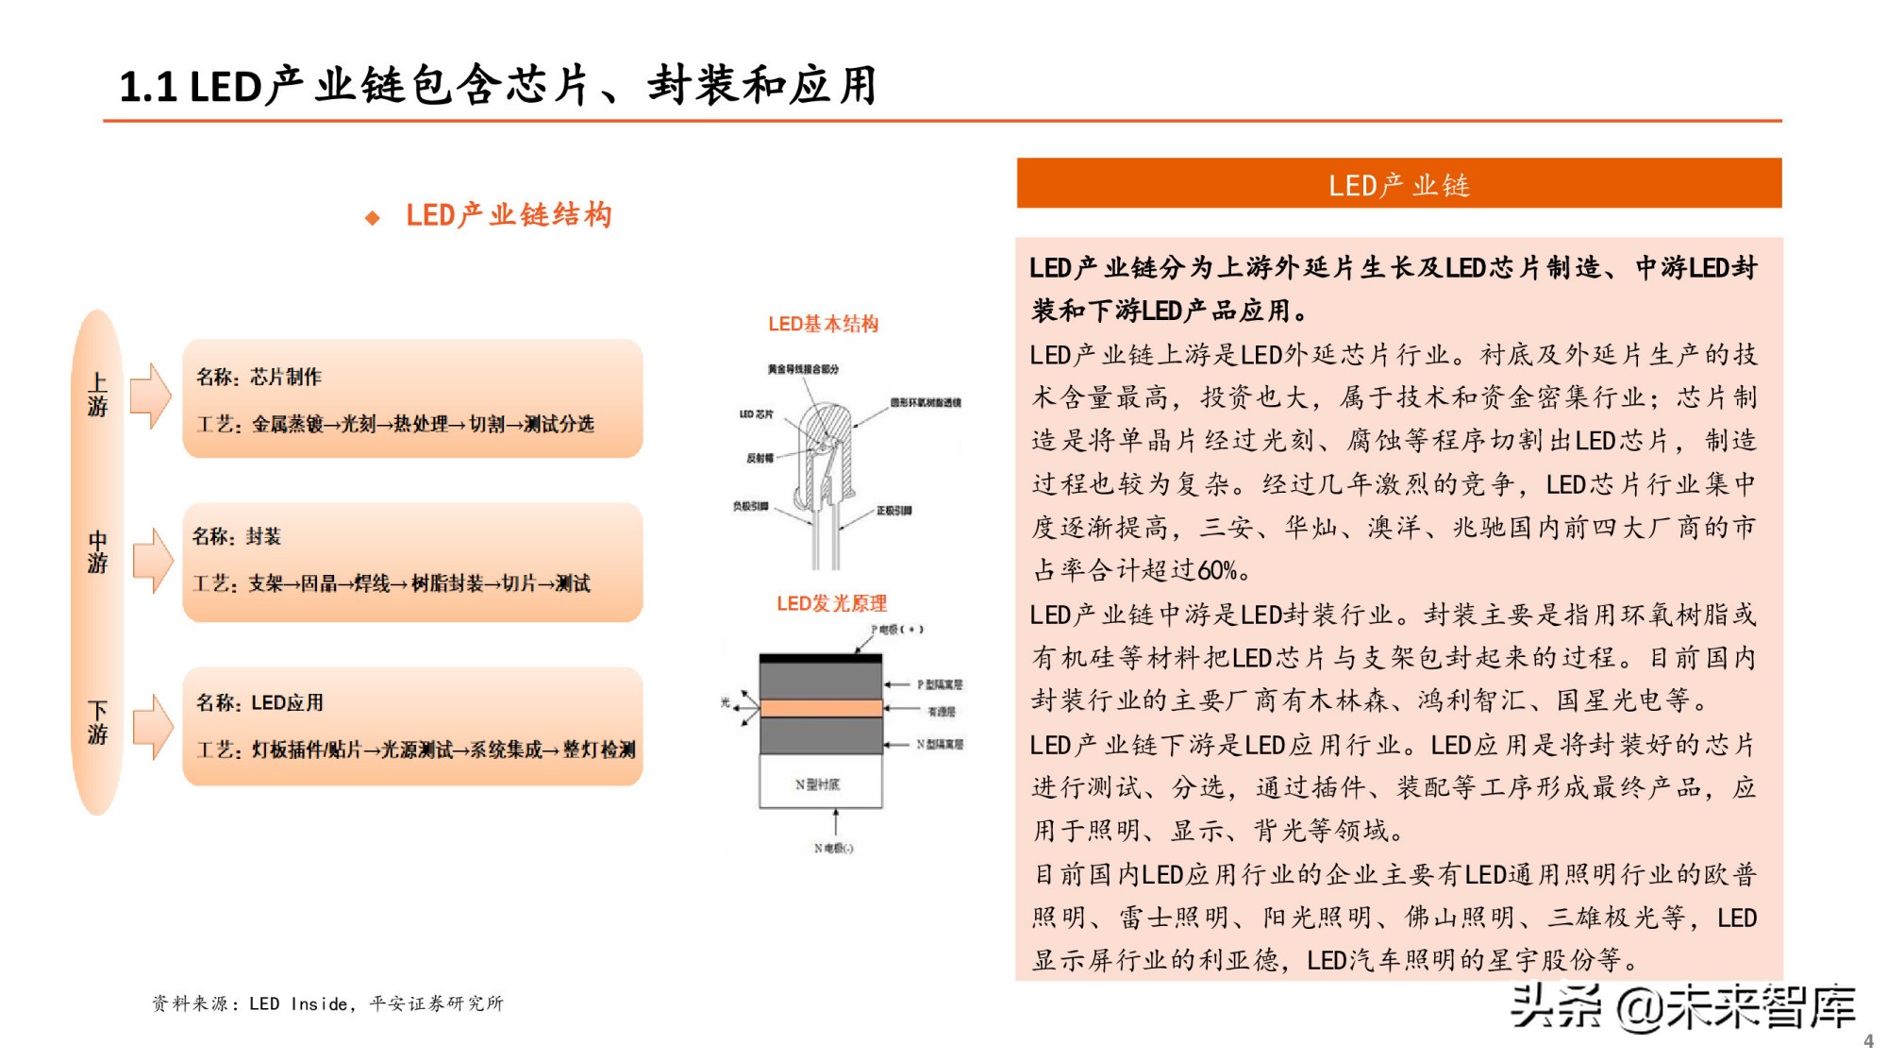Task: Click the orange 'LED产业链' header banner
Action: click(1398, 183)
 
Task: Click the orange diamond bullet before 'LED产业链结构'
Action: click(373, 218)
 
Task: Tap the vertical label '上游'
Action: click(97, 395)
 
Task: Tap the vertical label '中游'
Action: click(97, 552)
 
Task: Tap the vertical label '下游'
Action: click(97, 722)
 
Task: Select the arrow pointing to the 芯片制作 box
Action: click(150, 396)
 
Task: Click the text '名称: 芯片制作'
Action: click(259, 377)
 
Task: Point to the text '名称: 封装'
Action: click(237, 536)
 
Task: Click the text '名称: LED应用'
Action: click(259, 702)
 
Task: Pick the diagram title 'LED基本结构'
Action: click(823, 324)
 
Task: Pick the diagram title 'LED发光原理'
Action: click(831, 603)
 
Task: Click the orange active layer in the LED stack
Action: click(820, 708)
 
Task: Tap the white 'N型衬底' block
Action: click(820, 784)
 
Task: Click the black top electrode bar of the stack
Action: click(820, 658)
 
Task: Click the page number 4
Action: click(1868, 1040)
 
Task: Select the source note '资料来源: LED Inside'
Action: click(327, 1003)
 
